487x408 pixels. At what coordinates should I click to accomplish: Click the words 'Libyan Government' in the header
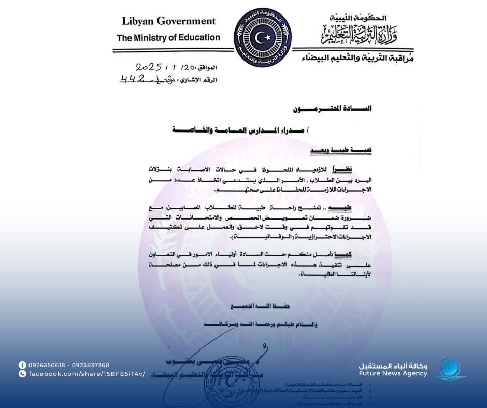pyautogui.click(x=168, y=21)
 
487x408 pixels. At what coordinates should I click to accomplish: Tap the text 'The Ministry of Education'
pyautogui.click(x=168, y=37)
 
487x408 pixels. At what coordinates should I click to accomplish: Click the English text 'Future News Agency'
pyautogui.click(x=393, y=373)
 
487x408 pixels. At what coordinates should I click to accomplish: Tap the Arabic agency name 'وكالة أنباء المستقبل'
pyautogui.click(x=394, y=365)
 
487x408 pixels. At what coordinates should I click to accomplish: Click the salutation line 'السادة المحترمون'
pyautogui.click(x=332, y=109)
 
